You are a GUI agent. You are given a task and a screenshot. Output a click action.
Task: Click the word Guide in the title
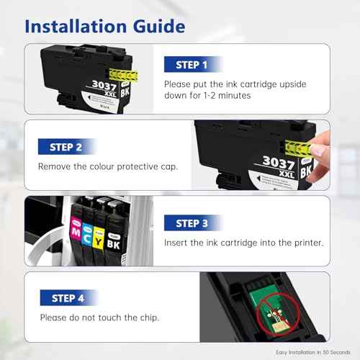pos(159,26)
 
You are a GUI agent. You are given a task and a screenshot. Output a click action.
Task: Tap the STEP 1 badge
pos(192,64)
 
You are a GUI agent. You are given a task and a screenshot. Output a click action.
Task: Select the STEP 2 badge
pos(66,147)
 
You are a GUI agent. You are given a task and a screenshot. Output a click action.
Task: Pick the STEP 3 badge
pos(192,223)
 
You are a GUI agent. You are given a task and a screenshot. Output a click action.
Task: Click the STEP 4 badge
pos(68,298)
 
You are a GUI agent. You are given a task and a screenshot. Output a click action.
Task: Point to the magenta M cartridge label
pos(76,229)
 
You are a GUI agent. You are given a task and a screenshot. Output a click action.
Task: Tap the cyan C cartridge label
pos(87,235)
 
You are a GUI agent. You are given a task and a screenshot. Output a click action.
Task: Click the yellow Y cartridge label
pos(98,238)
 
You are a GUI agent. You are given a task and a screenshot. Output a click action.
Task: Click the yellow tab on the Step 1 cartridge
pos(124,75)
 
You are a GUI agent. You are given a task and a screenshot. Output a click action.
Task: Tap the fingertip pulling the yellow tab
pos(319,150)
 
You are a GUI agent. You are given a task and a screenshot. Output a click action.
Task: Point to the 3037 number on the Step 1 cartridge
pos(104,86)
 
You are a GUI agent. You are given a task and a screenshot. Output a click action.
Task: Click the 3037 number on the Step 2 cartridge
pos(279,163)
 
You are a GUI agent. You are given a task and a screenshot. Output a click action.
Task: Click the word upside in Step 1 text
pos(293,84)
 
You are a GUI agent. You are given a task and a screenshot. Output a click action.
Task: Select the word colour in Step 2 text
pos(102,166)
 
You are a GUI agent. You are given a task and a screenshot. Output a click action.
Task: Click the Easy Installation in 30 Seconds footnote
pos(313,352)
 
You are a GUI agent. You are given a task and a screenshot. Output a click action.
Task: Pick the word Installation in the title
pos(76,26)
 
